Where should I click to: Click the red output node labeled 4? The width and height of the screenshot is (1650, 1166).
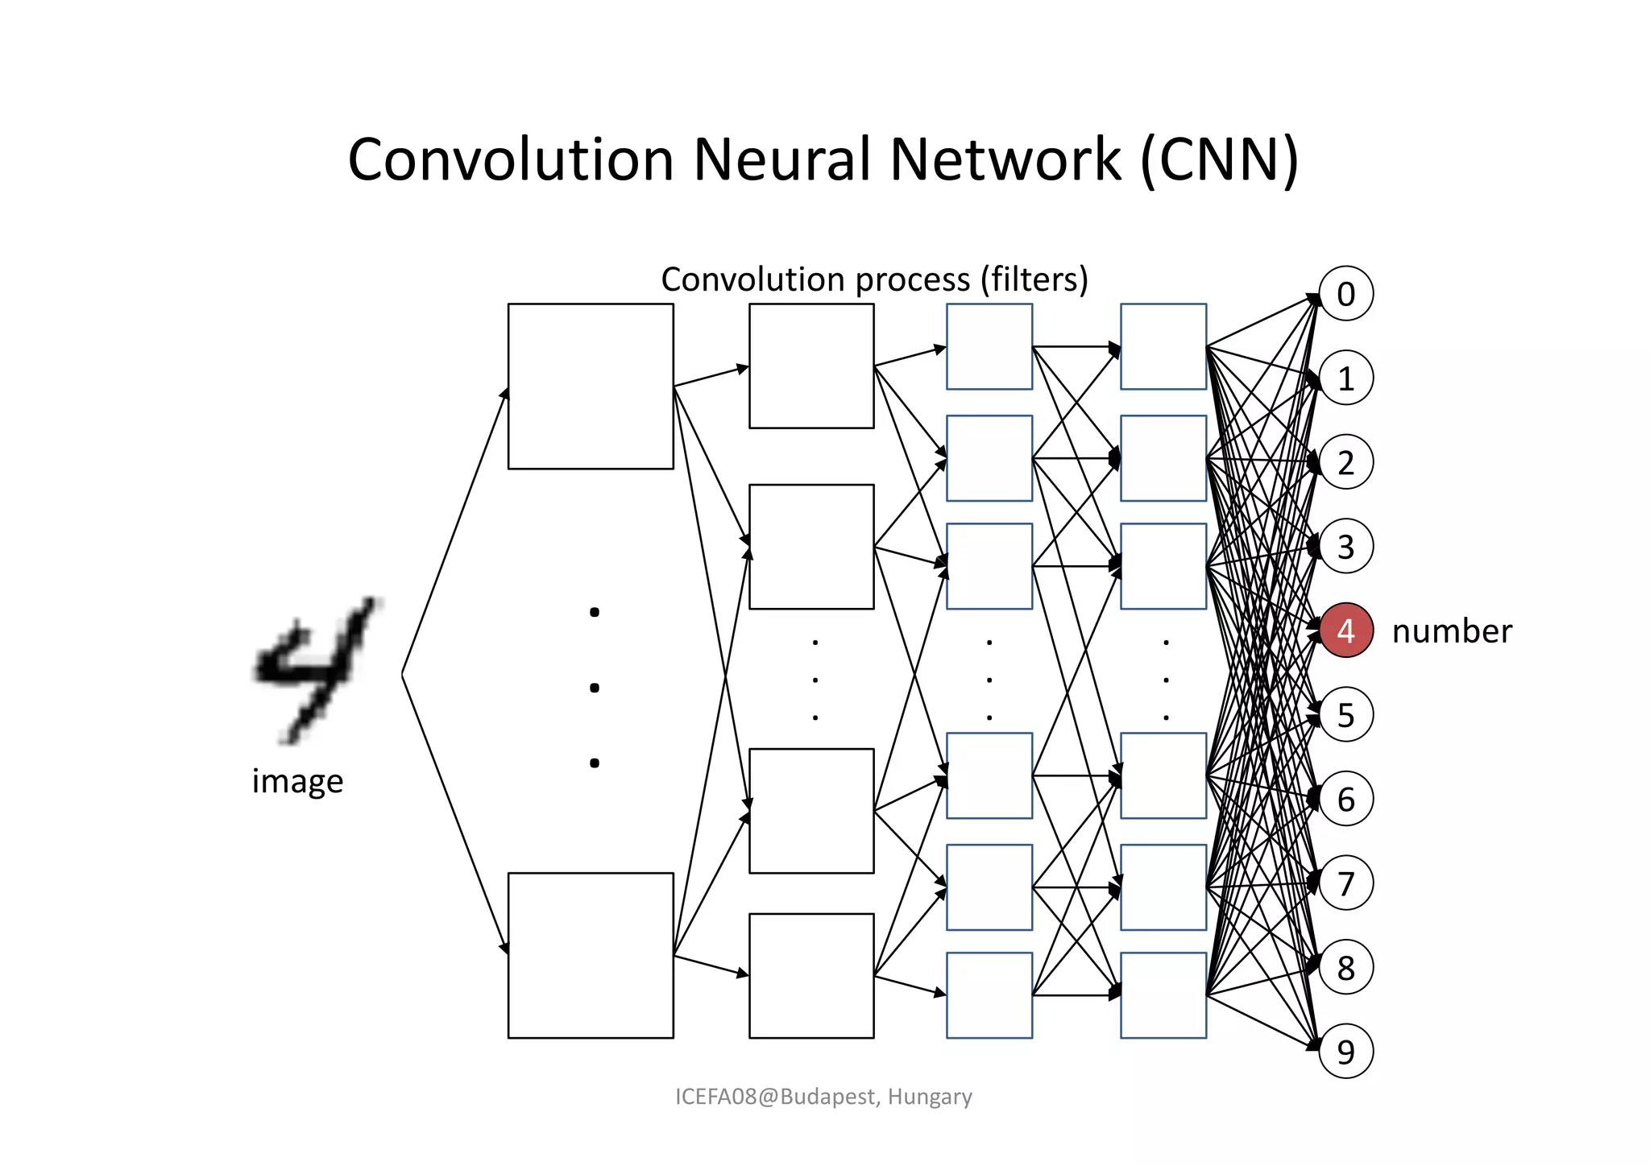1345,630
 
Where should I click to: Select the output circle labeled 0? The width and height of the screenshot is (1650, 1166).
1345,294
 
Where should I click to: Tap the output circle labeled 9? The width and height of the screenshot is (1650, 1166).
1345,1051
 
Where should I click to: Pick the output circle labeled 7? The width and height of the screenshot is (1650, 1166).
1345,883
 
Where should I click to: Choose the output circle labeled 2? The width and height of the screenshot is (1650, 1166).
1345,462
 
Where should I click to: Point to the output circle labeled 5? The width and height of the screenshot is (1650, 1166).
1345,714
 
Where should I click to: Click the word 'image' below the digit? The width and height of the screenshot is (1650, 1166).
297,781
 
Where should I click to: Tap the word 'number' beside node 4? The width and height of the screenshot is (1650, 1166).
1452,631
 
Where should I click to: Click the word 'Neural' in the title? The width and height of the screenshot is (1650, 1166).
781,159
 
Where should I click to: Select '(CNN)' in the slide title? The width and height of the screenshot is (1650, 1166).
1219,159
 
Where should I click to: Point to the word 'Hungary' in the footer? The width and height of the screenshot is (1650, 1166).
930,1097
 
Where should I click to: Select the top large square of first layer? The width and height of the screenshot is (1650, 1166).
591,387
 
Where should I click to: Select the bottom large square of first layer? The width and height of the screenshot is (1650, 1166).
591,955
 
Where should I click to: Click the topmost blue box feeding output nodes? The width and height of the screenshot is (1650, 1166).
1163,346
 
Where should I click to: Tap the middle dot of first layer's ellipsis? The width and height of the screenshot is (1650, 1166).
595,687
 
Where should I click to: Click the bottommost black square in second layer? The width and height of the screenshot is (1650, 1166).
811,975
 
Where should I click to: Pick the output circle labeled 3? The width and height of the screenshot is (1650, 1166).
1345,546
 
